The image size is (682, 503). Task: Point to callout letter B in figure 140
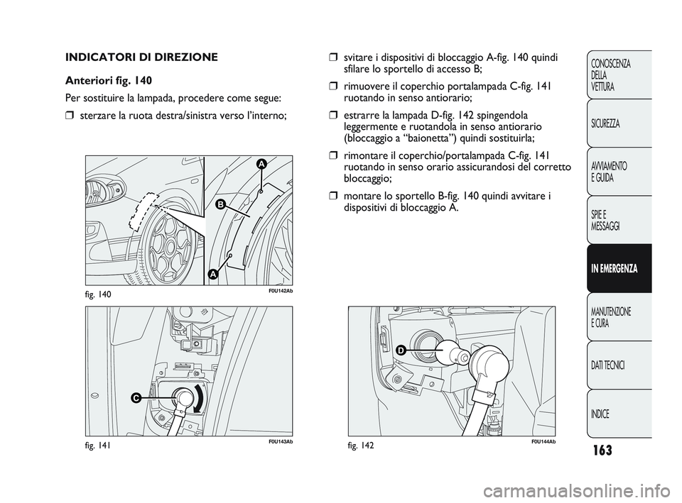(x=220, y=204)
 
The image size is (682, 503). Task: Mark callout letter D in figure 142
(x=400, y=350)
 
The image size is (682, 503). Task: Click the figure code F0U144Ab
(x=541, y=442)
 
